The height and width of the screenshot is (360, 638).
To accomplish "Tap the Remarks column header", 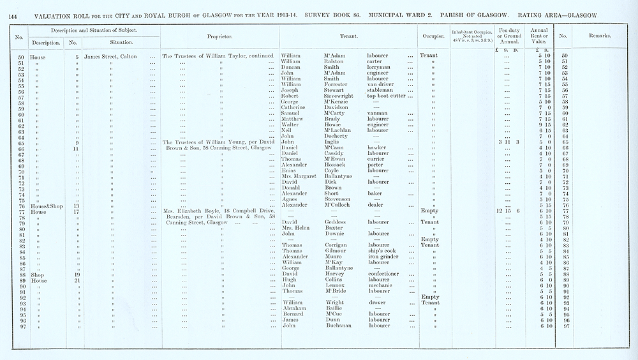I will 598,36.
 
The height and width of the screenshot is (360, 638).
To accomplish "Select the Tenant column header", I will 347,36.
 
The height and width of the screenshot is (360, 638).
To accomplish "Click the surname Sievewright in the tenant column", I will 340,96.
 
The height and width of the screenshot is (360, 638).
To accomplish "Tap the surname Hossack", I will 336,165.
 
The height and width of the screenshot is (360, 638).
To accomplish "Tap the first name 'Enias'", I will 290,171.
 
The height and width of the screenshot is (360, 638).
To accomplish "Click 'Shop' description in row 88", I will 44,274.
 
